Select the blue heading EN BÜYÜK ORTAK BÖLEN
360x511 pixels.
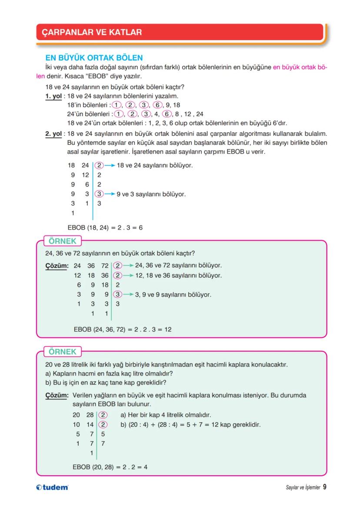[94, 58]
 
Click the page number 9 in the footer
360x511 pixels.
[325, 487]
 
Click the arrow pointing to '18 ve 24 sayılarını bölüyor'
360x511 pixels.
[110, 165]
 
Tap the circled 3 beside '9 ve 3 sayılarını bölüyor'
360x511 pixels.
[100, 194]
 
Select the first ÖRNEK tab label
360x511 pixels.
[62, 241]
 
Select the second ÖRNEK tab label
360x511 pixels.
[62, 352]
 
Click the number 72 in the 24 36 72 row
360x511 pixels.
[105, 265]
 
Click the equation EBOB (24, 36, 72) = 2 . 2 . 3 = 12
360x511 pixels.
[123, 330]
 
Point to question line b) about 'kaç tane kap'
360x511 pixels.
[106, 383]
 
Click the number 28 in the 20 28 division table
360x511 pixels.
[90, 415]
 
